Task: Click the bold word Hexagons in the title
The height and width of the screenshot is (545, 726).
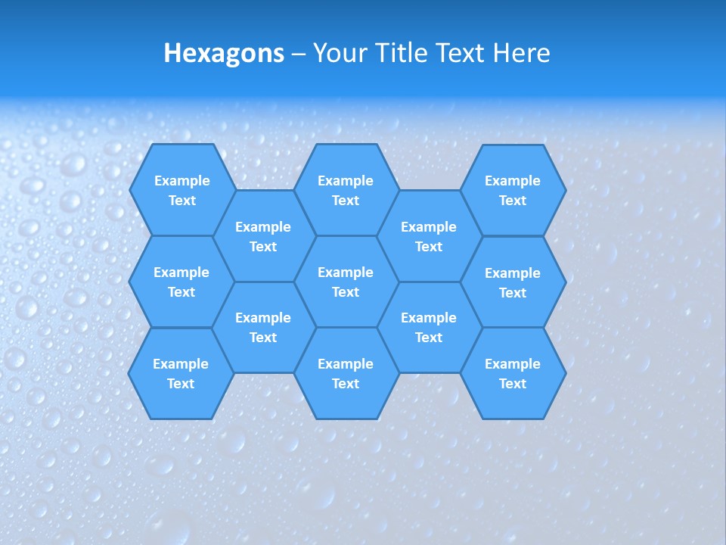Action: click(x=224, y=53)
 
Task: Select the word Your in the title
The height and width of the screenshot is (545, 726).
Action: click(x=337, y=53)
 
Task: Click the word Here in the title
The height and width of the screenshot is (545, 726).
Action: click(x=521, y=53)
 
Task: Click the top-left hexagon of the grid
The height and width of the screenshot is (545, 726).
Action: click(x=181, y=190)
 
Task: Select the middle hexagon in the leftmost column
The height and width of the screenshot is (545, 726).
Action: click(x=181, y=282)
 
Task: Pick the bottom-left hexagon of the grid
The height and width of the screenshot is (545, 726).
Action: click(x=181, y=373)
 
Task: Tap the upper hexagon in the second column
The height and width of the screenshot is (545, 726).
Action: click(x=263, y=236)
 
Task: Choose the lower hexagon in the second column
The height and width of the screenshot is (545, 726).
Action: click(x=263, y=327)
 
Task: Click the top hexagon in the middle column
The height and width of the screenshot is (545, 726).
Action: click(x=346, y=190)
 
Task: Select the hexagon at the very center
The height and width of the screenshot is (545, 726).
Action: click(x=346, y=282)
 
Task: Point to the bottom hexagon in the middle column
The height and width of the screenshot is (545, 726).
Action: click(x=346, y=373)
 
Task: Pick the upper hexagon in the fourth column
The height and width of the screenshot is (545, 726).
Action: click(x=429, y=236)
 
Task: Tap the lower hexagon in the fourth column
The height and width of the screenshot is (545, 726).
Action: click(x=429, y=327)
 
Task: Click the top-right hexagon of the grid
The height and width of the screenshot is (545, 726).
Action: click(x=513, y=190)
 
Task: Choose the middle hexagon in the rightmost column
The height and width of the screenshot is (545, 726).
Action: click(x=513, y=282)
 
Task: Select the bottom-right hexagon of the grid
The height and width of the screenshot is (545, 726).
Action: click(x=513, y=373)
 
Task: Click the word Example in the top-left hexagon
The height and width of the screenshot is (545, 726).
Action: click(x=181, y=181)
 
